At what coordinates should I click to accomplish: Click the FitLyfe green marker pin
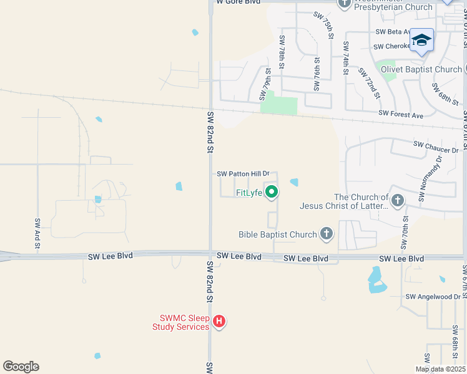(x=271, y=192)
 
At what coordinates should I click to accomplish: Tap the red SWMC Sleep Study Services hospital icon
(x=219, y=322)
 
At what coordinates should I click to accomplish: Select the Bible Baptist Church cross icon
(x=325, y=234)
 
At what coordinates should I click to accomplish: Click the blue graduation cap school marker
(x=421, y=41)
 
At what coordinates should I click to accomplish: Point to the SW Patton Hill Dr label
(x=243, y=175)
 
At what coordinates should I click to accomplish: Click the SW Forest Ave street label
(x=401, y=115)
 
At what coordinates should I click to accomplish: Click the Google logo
(x=21, y=367)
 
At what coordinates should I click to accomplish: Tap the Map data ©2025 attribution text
(x=440, y=369)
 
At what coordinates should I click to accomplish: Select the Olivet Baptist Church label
(x=421, y=69)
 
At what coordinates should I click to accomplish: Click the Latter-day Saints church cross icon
(x=398, y=201)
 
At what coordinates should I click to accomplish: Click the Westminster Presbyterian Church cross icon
(x=345, y=4)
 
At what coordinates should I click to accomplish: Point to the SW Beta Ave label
(x=393, y=31)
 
